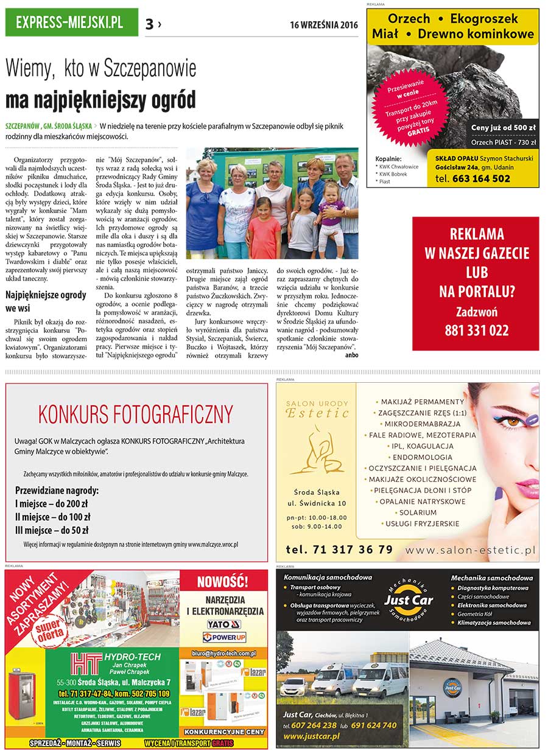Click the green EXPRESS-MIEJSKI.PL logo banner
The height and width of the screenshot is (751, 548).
71,23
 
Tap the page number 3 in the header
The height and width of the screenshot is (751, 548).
149,24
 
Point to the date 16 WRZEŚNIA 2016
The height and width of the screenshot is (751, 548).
324,25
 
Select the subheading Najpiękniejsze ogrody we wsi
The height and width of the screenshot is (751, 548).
46,301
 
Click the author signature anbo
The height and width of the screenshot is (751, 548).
351,354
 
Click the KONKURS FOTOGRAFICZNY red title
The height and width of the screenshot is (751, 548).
136,414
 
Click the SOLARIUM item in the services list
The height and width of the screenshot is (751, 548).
418,512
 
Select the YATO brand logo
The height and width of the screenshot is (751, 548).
224,624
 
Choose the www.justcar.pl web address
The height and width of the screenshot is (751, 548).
311,736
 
